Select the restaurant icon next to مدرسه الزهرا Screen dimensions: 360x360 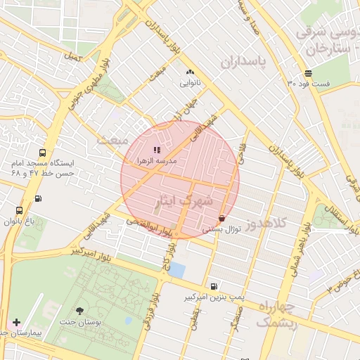click(x=157, y=150)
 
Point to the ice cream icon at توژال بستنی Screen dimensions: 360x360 click(x=222, y=218)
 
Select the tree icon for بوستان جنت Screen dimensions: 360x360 click(x=79, y=310)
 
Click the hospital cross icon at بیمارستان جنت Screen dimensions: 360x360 click(x=16, y=322)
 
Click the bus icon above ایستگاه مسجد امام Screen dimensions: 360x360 click(x=43, y=152)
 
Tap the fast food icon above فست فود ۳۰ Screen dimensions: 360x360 click(x=309, y=74)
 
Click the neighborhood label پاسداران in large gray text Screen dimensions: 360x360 click(x=245, y=62)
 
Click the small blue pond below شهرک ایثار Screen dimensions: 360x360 click(x=178, y=270)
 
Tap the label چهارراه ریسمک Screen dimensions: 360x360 click(x=277, y=315)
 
